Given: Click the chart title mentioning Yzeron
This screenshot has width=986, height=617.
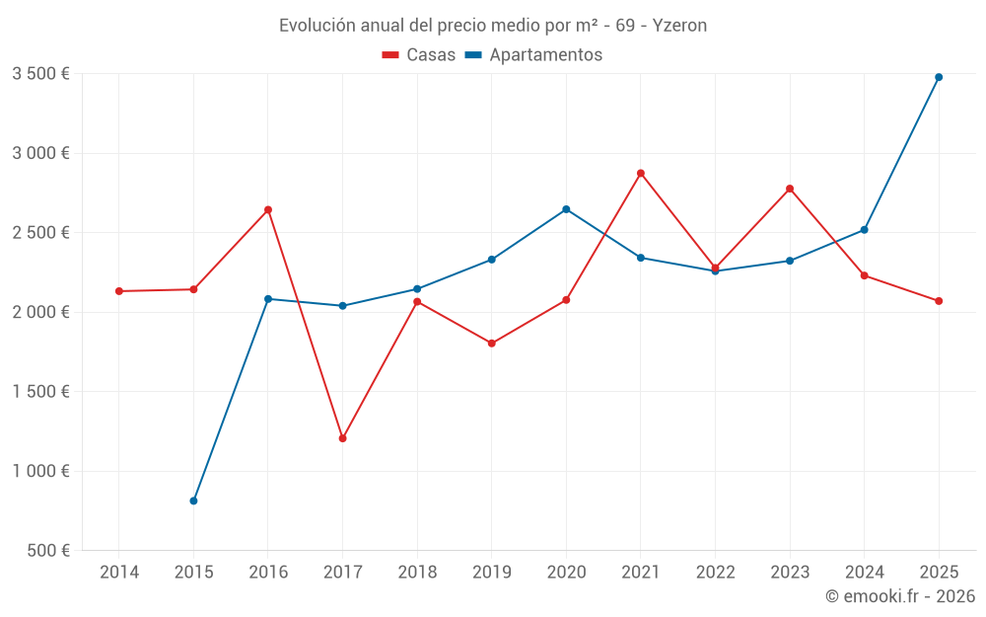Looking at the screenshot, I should (x=492, y=26).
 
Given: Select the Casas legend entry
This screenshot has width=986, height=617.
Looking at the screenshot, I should (x=419, y=55).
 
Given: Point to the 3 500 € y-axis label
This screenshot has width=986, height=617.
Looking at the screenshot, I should (x=40, y=74).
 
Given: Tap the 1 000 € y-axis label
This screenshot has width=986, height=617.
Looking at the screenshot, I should (x=40, y=471).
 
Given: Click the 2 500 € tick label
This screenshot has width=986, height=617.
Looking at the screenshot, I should (x=40, y=233).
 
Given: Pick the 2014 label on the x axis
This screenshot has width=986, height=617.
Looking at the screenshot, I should (x=119, y=573).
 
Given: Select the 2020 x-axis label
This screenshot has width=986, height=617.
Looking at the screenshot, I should (x=566, y=573).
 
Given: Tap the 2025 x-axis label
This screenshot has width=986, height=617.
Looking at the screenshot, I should (x=939, y=573).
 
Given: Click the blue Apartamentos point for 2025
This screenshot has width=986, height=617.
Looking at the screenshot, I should (x=939, y=77).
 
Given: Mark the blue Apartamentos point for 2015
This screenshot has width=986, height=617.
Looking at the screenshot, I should (x=193, y=501).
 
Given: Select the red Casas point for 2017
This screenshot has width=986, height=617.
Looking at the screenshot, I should (x=342, y=438).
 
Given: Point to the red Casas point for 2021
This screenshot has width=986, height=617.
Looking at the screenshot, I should (x=641, y=173).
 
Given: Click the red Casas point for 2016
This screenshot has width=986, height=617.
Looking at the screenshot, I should (x=268, y=209).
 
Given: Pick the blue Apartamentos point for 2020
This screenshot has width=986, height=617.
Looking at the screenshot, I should (x=566, y=209).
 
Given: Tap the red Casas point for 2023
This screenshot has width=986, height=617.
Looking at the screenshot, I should (x=790, y=189).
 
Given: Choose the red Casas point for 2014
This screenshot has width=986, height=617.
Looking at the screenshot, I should (x=119, y=291).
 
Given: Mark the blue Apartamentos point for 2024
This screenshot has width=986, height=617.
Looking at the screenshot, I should (x=865, y=230).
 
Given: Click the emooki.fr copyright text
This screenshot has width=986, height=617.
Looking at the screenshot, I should (x=899, y=596).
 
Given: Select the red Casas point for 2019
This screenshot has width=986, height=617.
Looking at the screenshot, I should (x=492, y=344).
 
